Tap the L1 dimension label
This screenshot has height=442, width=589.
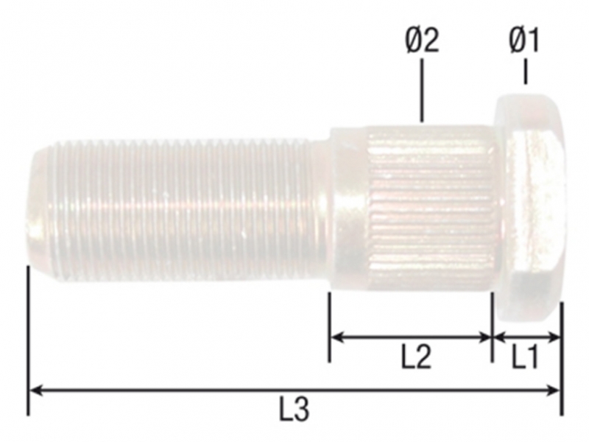[x=525, y=358]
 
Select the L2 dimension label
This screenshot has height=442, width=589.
[x=416, y=358]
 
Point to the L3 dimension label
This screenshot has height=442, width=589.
[x=294, y=410]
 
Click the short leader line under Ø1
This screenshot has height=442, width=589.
[x=525, y=73]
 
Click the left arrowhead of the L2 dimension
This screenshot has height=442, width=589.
[x=336, y=337]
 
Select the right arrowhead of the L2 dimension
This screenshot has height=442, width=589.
[x=485, y=337]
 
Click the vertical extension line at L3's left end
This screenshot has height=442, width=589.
[x=28, y=339]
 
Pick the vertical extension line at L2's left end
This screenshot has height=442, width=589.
[x=329, y=324]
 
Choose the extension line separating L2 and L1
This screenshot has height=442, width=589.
[x=492, y=324]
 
